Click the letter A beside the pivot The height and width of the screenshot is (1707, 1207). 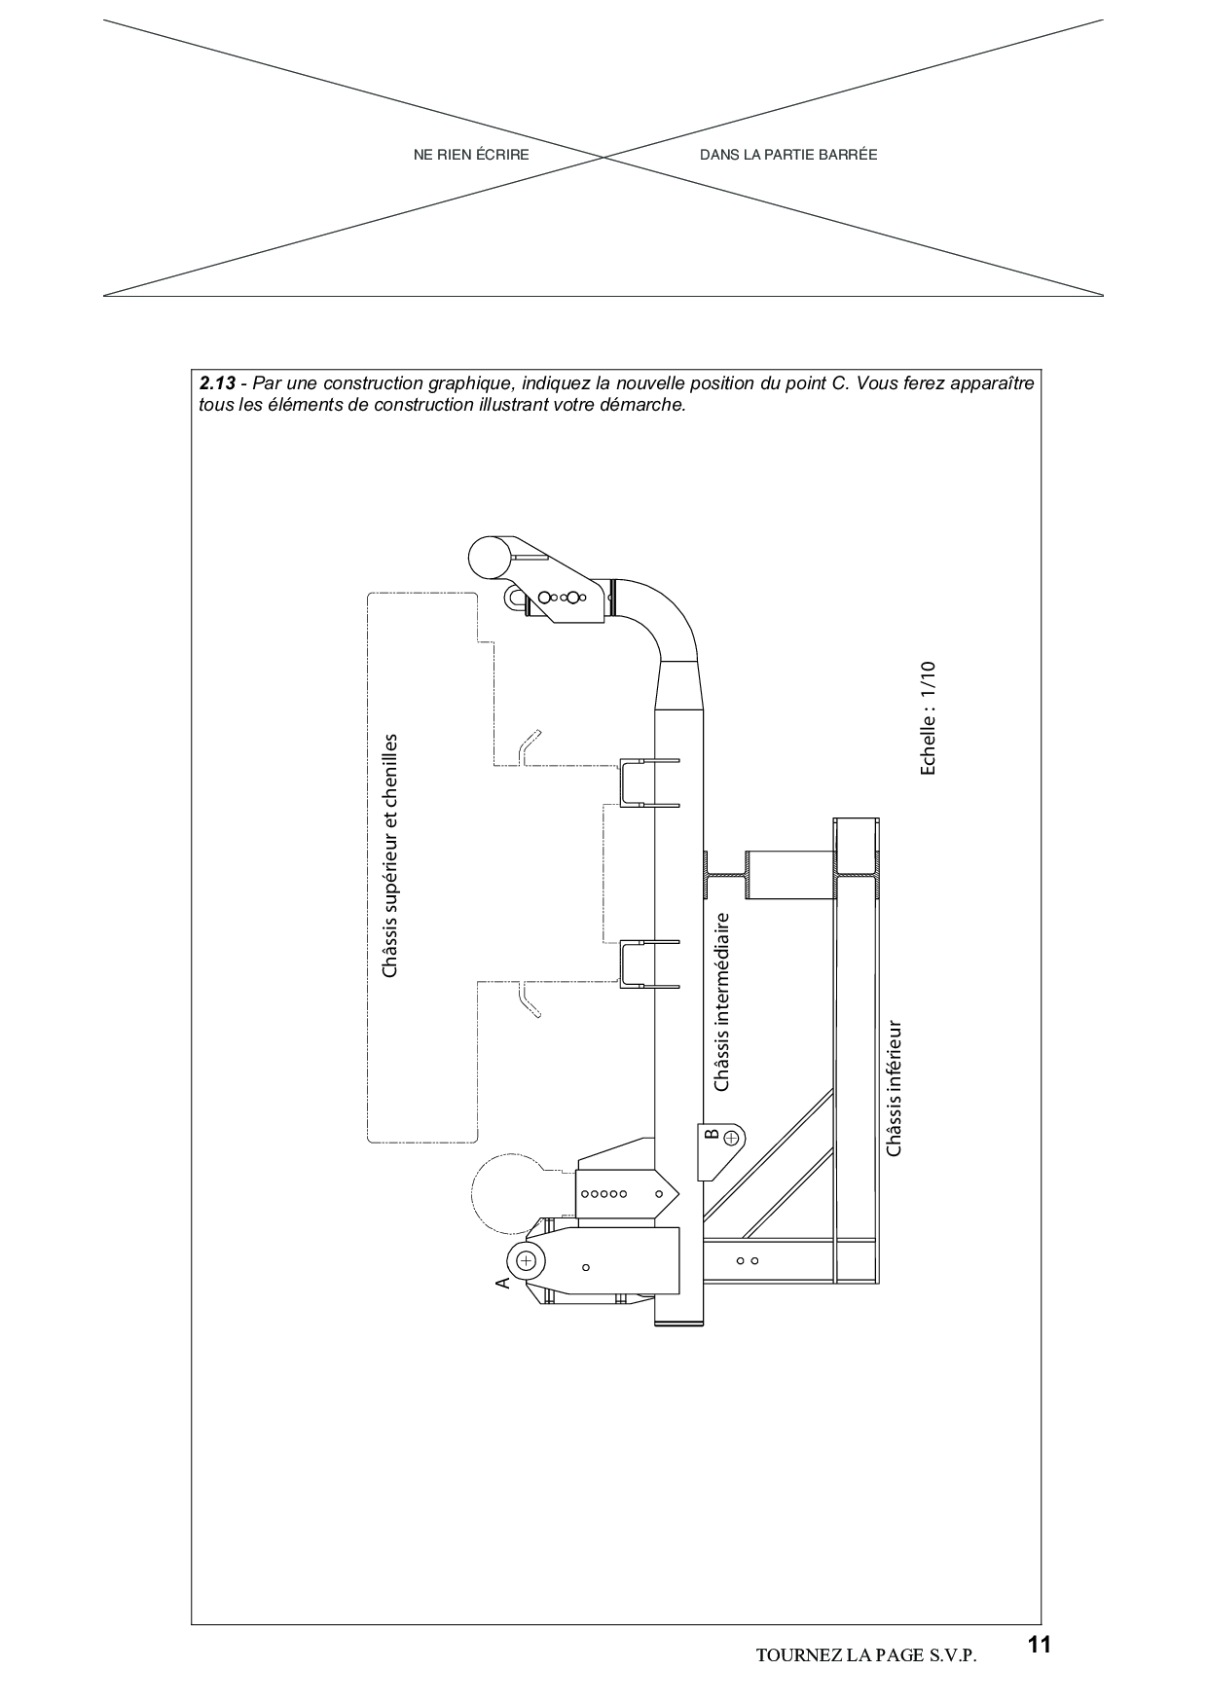[502, 1283]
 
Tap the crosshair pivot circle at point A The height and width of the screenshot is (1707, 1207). [527, 1260]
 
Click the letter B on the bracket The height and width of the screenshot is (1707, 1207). [711, 1135]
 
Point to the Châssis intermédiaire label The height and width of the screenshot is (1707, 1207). [721, 1001]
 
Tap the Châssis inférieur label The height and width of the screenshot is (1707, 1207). [895, 1088]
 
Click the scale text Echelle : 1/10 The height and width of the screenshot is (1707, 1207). [928, 718]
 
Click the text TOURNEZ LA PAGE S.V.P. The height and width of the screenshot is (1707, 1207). [865, 1655]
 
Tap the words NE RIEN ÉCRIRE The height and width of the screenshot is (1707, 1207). [471, 155]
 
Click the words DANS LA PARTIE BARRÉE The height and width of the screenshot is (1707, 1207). [788, 155]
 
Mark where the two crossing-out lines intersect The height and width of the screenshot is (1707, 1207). [603, 158]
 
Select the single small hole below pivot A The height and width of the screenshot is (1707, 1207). [585, 1267]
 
